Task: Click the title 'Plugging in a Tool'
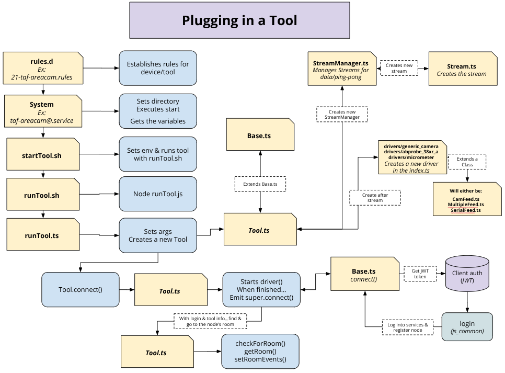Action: pyautogui.click(x=239, y=20)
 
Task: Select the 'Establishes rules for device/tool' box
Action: pyautogui.click(x=158, y=68)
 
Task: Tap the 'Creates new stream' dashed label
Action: pyautogui.click(x=399, y=68)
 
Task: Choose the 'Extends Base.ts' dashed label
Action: pyautogui.click(x=260, y=184)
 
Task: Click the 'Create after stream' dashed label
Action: pyautogui.click(x=375, y=197)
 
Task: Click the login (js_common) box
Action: pyautogui.click(x=467, y=327)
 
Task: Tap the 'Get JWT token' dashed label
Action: pyautogui.click(x=420, y=273)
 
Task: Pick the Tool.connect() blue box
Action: pyautogui.click(x=80, y=289)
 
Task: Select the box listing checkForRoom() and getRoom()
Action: pyautogui.click(x=260, y=351)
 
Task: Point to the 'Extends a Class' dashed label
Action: pyautogui.click(x=467, y=161)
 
